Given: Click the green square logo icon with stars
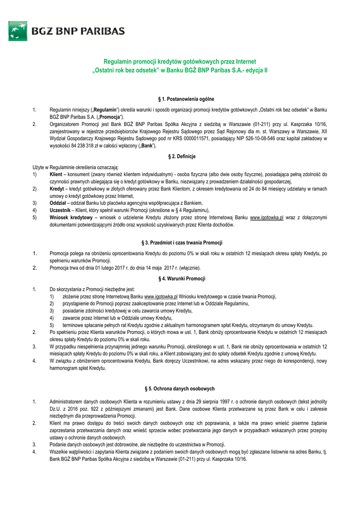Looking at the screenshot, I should [x=18, y=31].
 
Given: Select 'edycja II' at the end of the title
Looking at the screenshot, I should [x=257, y=70].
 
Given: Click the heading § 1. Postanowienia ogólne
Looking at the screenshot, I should [x=180, y=99].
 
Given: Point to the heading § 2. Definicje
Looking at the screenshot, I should [x=180, y=157].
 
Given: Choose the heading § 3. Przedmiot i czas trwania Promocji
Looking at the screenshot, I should [x=180, y=243].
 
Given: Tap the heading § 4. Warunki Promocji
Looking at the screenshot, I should [x=180, y=279].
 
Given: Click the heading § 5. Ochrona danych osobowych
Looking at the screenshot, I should [x=180, y=388].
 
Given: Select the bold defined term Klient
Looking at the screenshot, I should [x=56, y=175].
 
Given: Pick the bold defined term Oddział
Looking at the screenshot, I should [x=58, y=203].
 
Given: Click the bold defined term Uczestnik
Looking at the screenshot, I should [x=60, y=210].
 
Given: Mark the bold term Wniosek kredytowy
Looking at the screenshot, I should [x=71, y=217].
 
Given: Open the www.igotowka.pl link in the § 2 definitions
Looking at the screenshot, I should [x=266, y=217].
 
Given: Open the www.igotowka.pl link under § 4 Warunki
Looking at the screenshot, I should [x=161, y=296].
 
